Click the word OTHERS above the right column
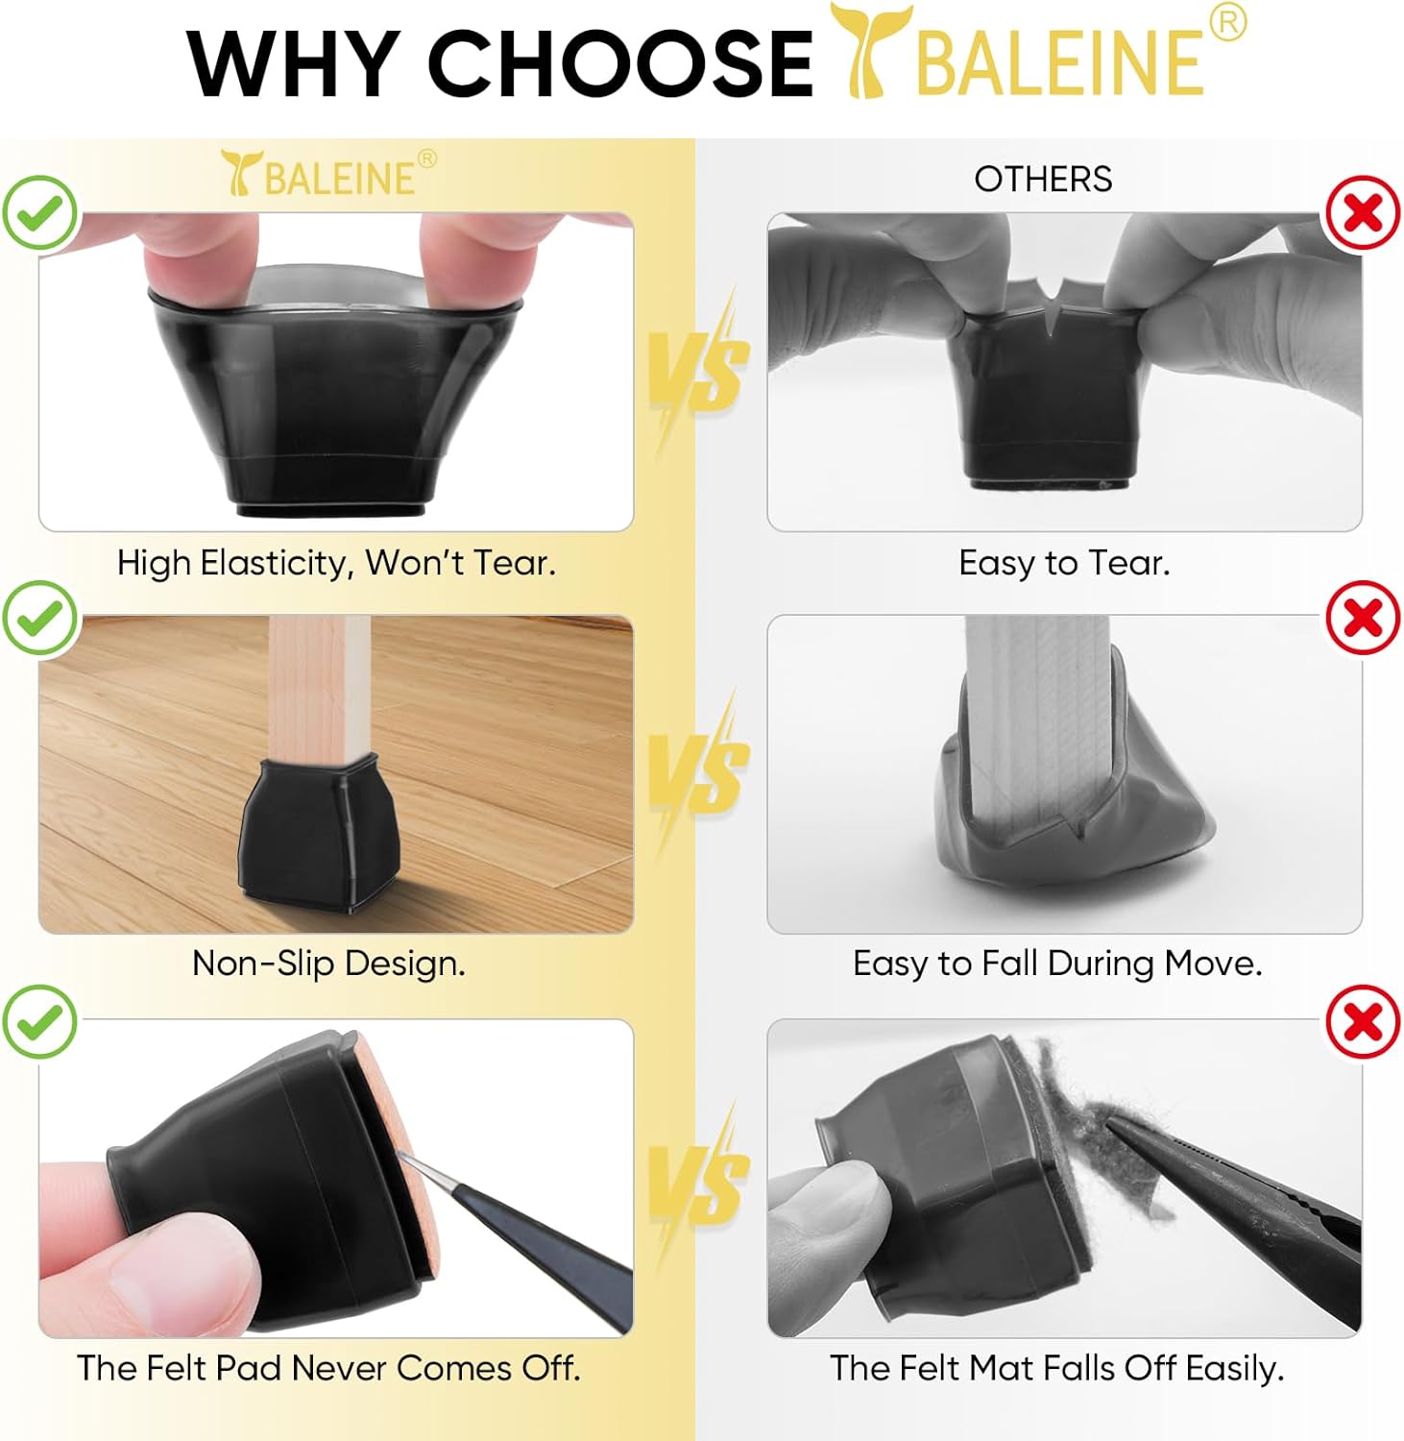pyautogui.click(x=1043, y=180)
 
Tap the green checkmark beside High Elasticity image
pyautogui.click(x=39, y=213)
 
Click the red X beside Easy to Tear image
pyautogui.click(x=1363, y=213)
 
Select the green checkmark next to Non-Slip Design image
pyautogui.click(x=39, y=618)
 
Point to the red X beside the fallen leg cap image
pyautogui.click(x=1363, y=618)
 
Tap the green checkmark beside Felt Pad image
pyautogui.click(x=39, y=1021)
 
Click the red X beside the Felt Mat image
pyautogui.click(x=1363, y=1021)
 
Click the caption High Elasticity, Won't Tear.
pyautogui.click(x=336, y=563)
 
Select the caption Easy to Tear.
pyautogui.click(x=1064, y=563)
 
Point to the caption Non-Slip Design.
pyautogui.click(x=328, y=964)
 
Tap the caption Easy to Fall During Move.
pyautogui.click(x=1057, y=964)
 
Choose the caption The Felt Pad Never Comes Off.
pyautogui.click(x=328, y=1368)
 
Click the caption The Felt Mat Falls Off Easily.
pyautogui.click(x=1057, y=1368)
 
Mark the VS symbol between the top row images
pyautogui.click(x=699, y=370)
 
